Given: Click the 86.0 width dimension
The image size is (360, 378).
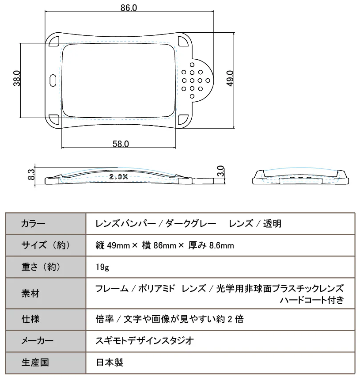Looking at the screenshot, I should point(129,8).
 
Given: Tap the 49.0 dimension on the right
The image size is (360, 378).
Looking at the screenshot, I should point(230,80).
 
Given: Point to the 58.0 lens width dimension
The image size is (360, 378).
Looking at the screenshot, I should point(121,144).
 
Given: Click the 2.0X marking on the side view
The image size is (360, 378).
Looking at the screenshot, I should point(118,177).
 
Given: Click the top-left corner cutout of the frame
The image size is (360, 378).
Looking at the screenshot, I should point(55,42).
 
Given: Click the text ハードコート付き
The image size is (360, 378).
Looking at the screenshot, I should point(311,301).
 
